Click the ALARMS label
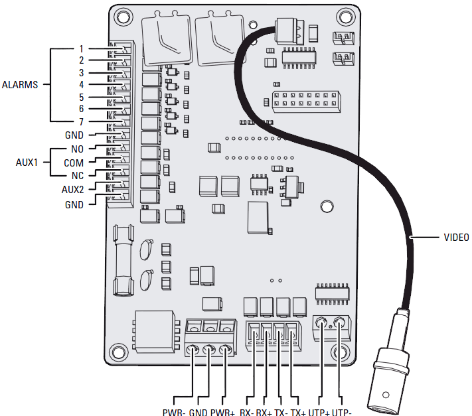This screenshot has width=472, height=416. point(21,85)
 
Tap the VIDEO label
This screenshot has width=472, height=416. point(456,237)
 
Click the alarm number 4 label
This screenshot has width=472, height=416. point(81,85)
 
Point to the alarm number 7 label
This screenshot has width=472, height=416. point(81,121)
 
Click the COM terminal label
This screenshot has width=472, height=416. point(74,163)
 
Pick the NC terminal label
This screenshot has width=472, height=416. point(76,176)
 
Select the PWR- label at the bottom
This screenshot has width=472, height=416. point(173,411)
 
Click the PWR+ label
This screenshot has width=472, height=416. point(223,411)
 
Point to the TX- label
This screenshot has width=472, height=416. point(281,411)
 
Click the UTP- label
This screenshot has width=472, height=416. point(340,411)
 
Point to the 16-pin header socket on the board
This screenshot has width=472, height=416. point(306,102)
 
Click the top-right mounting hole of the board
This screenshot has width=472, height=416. point(343,15)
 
